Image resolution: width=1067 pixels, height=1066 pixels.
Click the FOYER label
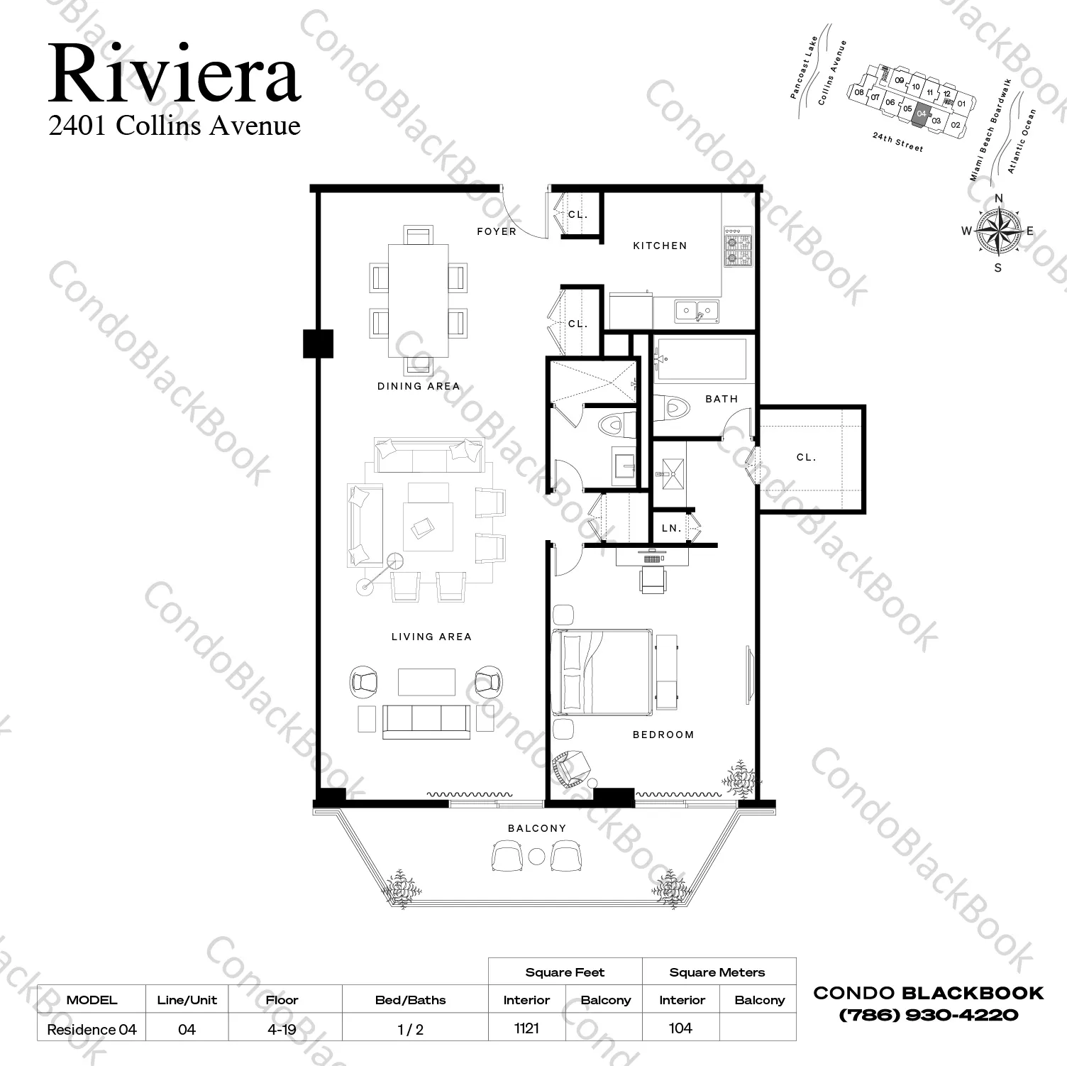pos(496,232)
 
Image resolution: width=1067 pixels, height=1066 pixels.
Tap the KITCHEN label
pos(660,246)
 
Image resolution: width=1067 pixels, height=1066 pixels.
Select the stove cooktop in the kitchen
pos(737,246)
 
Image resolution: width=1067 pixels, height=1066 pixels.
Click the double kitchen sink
pos(697,310)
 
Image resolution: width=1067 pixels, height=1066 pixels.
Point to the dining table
pos(419,301)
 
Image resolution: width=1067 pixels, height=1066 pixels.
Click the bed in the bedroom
pos(602,671)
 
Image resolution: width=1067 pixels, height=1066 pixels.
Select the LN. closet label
pos(671,529)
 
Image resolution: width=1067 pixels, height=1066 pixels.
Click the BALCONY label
pos(537,828)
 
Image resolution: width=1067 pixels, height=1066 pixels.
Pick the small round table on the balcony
pos(537,856)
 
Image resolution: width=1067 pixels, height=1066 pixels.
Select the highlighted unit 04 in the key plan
pos(921,114)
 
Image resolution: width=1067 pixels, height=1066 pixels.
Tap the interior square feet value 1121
pos(526,1028)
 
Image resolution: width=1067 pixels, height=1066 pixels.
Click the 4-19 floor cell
pos(282,1029)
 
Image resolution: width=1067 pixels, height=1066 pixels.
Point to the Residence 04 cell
pos(92,1029)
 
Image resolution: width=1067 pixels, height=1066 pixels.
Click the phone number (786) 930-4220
pos(928,1015)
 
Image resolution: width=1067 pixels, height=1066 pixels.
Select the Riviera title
pos(175,73)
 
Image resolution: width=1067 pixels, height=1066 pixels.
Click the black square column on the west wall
pos(318,344)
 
